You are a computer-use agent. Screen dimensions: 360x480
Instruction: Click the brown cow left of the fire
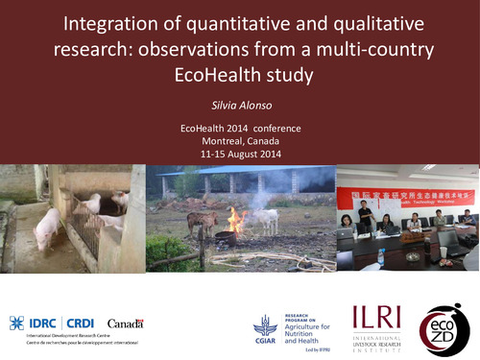click(x=202, y=223)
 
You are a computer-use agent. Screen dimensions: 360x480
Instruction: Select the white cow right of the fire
click(x=263, y=220)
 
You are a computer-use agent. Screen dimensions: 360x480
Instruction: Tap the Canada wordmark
click(x=125, y=324)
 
